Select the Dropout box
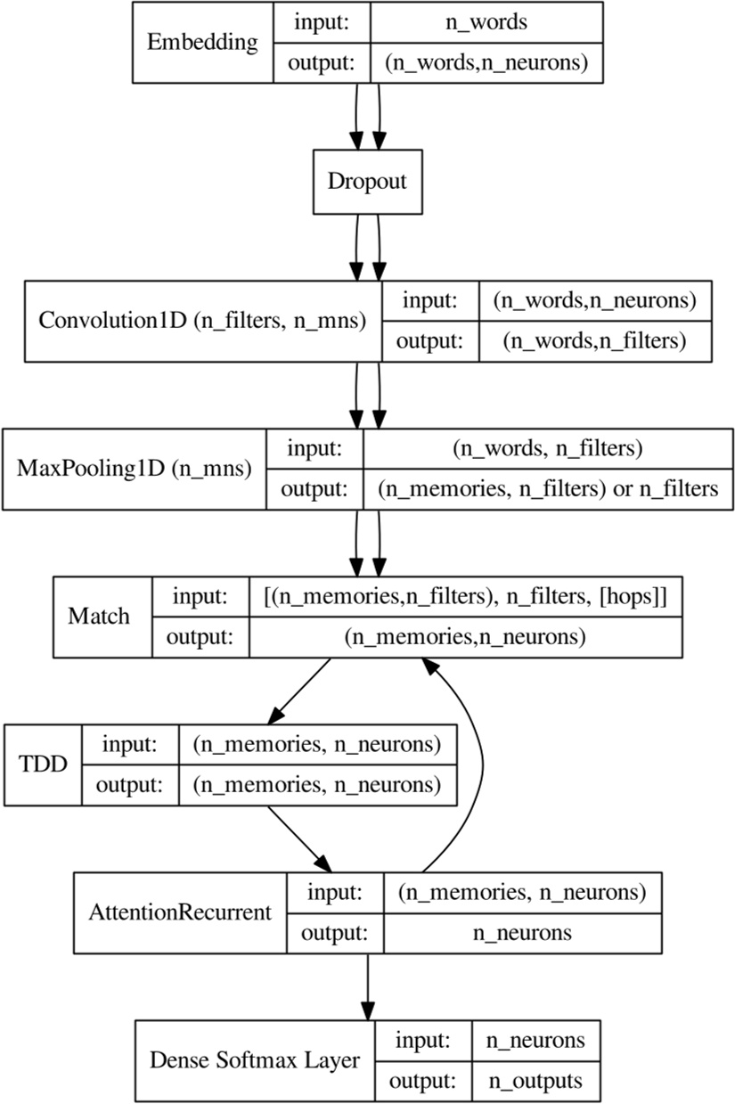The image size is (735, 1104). coord(367,182)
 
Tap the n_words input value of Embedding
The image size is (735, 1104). coord(486,22)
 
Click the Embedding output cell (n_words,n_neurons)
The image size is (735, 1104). coord(486,63)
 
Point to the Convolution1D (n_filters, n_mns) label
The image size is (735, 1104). coord(203,321)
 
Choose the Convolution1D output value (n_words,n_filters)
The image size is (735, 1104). coord(594,339)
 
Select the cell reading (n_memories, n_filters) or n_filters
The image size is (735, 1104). coord(547,488)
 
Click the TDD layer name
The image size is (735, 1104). coord(43,765)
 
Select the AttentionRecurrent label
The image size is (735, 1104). coord(180,913)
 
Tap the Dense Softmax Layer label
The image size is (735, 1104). coord(255,1060)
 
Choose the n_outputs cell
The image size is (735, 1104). coord(534,1081)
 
